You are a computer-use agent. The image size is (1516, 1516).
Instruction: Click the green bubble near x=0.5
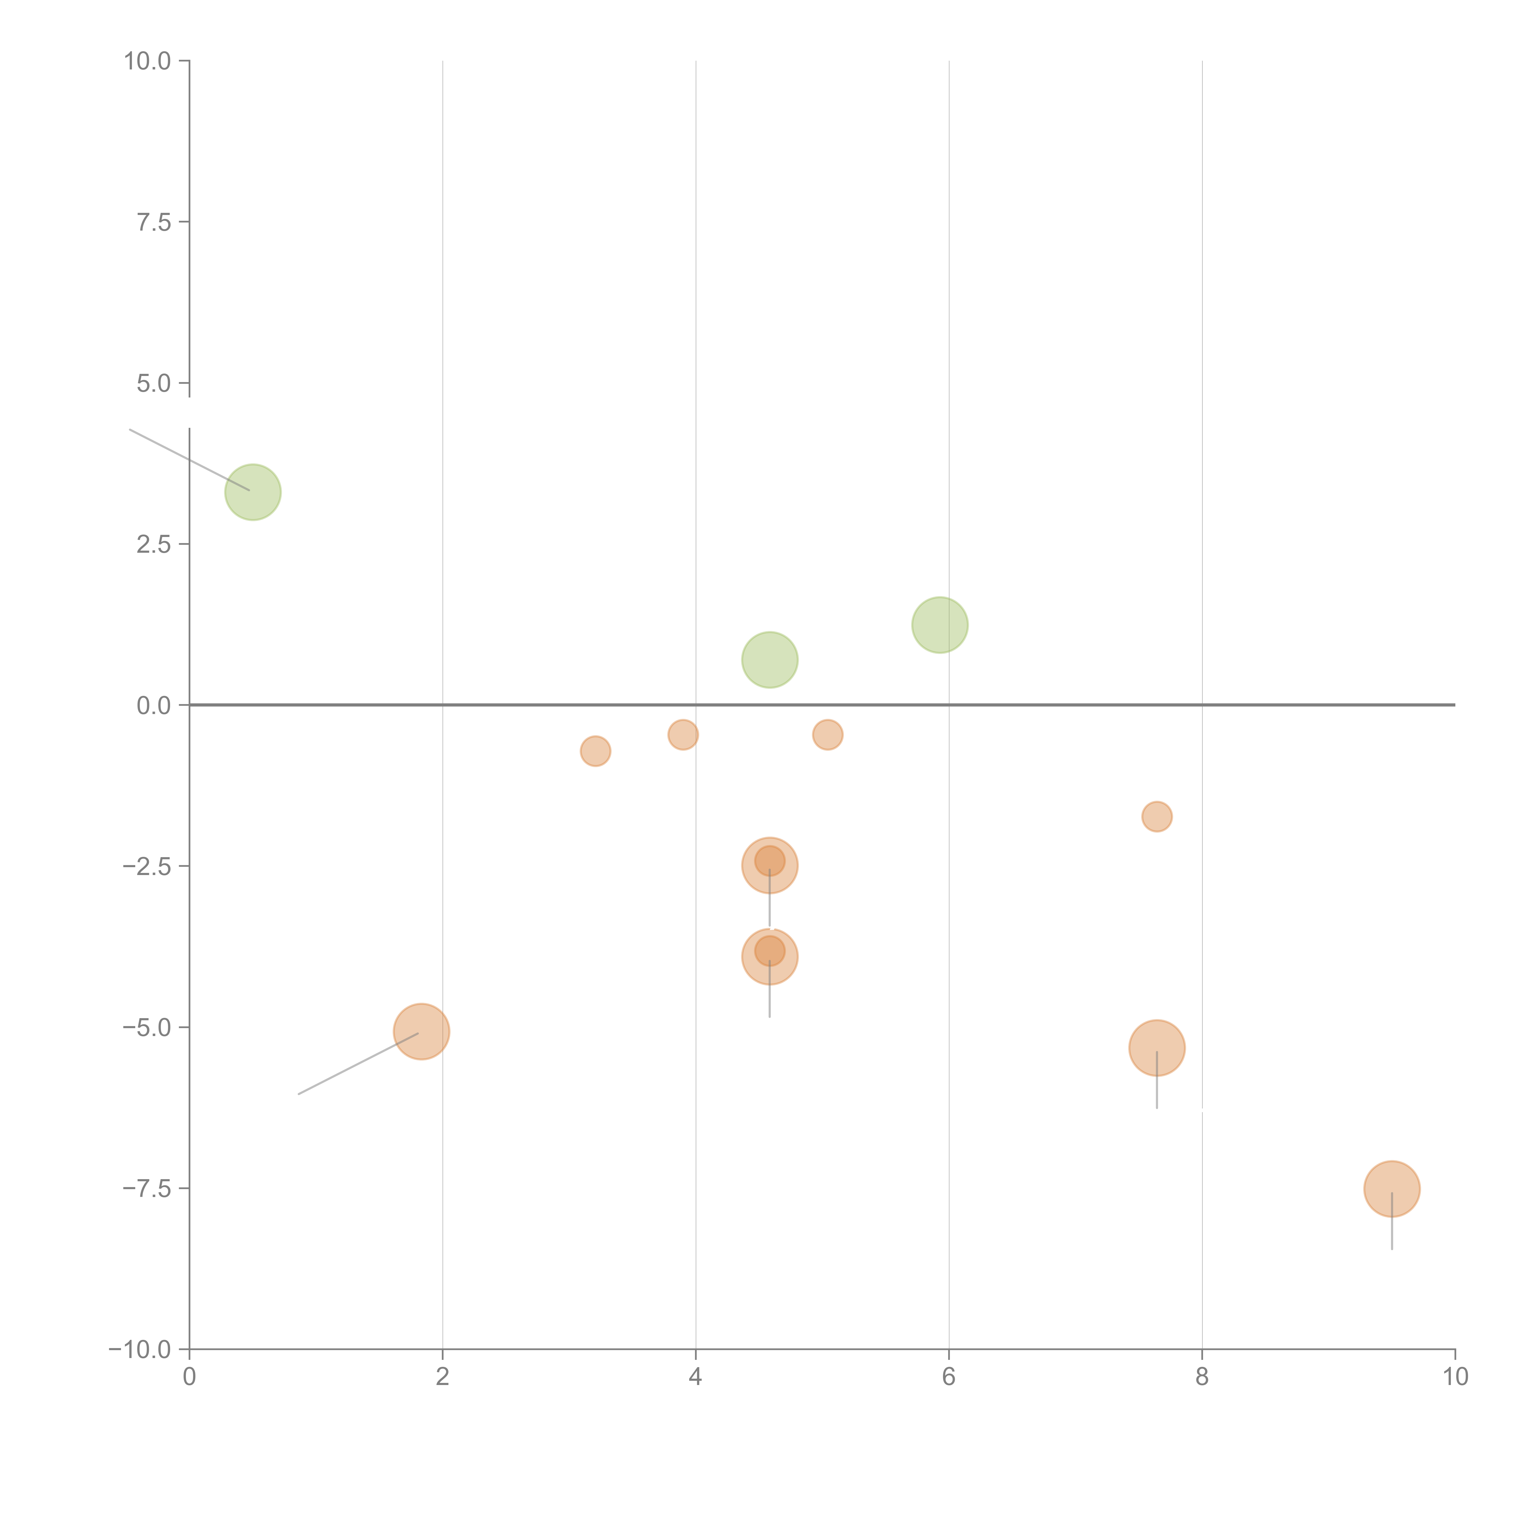[x=253, y=492]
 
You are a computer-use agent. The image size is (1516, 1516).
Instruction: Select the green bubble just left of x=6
[x=939, y=625]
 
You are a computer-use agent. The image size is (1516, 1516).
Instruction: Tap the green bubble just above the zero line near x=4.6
[x=770, y=660]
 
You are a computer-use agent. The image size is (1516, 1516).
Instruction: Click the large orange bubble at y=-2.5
[x=770, y=866]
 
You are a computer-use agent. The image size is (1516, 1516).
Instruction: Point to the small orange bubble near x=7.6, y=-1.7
[x=1157, y=817]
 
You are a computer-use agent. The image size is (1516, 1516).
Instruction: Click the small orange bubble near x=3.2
[x=595, y=751]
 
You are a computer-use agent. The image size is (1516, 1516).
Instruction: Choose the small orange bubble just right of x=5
[x=828, y=734]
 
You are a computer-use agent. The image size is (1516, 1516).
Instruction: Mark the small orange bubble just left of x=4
[x=683, y=734]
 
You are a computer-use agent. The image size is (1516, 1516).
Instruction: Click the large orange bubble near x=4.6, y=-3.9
[x=770, y=957]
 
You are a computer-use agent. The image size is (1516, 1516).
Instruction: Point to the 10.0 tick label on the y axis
[x=148, y=61]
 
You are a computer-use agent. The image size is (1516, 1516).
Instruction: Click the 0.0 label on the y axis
[x=154, y=706]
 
